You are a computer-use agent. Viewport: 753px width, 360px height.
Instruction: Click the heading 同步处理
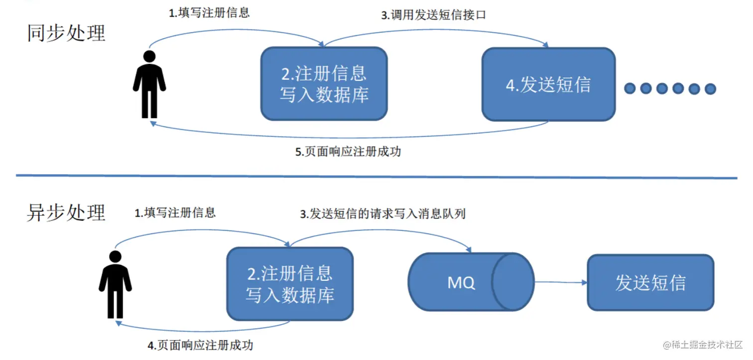tap(66, 33)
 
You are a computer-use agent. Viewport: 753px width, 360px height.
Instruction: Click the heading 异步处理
tap(66, 213)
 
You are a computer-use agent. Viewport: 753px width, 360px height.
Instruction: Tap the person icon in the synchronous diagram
tap(149, 84)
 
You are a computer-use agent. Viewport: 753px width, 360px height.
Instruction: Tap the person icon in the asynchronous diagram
tap(115, 284)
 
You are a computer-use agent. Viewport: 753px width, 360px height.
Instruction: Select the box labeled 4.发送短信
tap(548, 84)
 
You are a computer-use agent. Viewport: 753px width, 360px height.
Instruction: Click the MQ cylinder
tap(471, 282)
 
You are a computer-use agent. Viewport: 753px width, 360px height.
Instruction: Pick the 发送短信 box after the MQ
tap(650, 282)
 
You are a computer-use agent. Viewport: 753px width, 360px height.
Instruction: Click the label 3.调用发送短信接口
tap(433, 15)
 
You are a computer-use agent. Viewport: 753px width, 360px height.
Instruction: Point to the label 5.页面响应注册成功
tap(348, 152)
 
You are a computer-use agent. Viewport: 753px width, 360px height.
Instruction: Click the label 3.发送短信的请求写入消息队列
tap(382, 214)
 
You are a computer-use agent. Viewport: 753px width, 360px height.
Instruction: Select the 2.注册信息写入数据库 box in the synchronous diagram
tap(324, 84)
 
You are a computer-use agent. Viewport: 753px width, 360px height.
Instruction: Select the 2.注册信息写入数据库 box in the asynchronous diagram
tap(290, 284)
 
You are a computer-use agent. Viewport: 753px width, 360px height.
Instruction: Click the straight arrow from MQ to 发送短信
tap(561, 282)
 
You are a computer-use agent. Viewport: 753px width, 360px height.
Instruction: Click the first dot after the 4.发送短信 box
tap(630, 89)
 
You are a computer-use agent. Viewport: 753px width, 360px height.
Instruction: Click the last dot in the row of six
tap(710, 89)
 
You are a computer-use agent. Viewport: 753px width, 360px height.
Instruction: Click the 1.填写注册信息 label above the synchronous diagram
tap(209, 12)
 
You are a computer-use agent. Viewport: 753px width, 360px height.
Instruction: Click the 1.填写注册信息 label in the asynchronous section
tap(175, 213)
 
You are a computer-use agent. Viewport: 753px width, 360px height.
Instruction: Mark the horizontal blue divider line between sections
tap(376, 176)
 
